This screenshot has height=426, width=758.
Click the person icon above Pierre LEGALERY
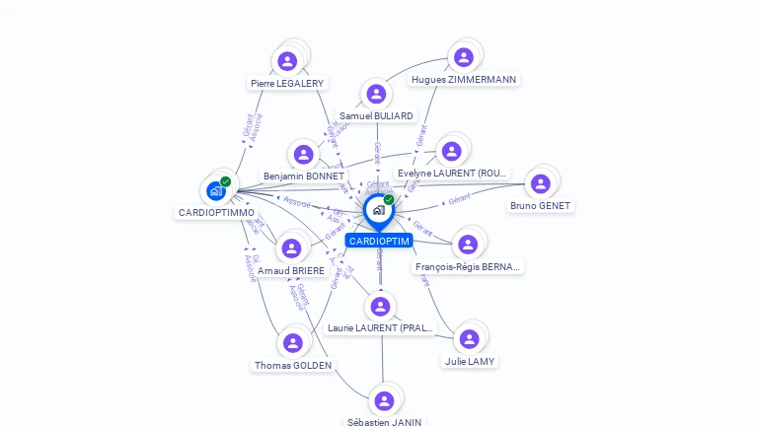pyautogui.click(x=287, y=61)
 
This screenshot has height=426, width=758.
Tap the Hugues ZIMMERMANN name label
pyautogui.click(x=464, y=80)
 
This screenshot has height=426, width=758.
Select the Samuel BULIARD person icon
pyautogui.click(x=375, y=95)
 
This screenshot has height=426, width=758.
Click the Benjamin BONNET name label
pyautogui.click(x=304, y=177)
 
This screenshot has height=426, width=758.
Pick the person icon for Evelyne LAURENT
pyautogui.click(x=451, y=151)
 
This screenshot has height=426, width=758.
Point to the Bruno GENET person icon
pyautogui.click(x=540, y=183)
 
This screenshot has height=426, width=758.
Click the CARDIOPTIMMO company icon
pyautogui.click(x=215, y=190)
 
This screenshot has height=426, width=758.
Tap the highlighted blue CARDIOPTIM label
pyautogui.click(x=379, y=241)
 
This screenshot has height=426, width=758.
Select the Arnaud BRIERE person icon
pyautogui.click(x=290, y=248)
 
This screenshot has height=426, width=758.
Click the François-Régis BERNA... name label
pyautogui.click(x=468, y=267)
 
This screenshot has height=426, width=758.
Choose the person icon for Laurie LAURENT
pyautogui.click(x=380, y=306)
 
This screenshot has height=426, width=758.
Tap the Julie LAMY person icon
pyautogui.click(x=469, y=339)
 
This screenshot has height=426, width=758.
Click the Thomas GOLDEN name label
pyautogui.click(x=293, y=366)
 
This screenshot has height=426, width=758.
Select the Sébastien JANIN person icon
pyautogui.click(x=384, y=400)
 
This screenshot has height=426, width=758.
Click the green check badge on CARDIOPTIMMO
pyautogui.click(x=226, y=181)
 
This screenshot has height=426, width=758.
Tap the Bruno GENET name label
pyautogui.click(x=540, y=206)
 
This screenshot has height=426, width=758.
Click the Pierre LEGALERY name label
pyautogui.click(x=287, y=84)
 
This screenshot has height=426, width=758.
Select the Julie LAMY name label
pyautogui.click(x=470, y=362)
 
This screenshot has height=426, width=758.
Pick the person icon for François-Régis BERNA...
pyautogui.click(x=468, y=244)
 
